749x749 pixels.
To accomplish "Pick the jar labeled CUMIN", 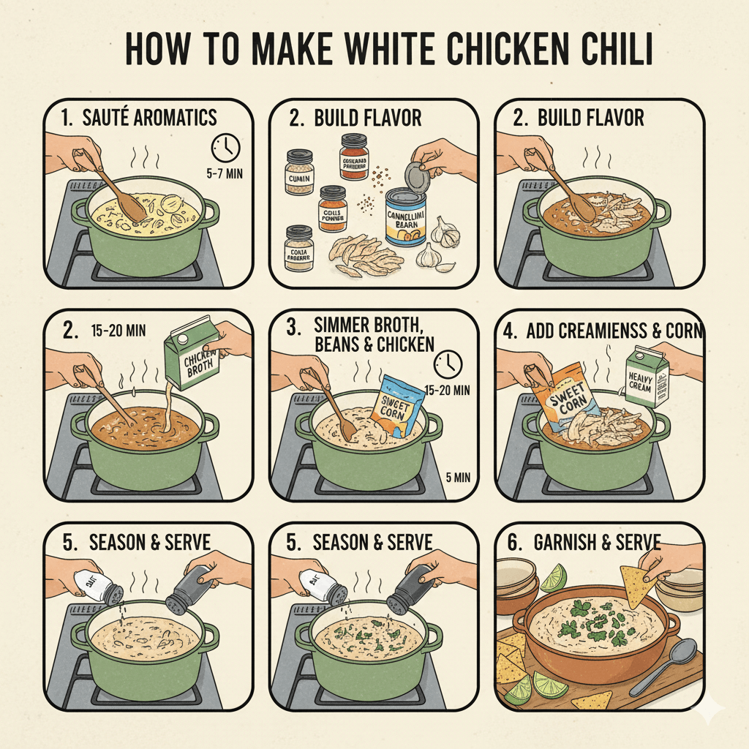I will (x=299, y=173).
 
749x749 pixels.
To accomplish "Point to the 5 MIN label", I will (x=458, y=478).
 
